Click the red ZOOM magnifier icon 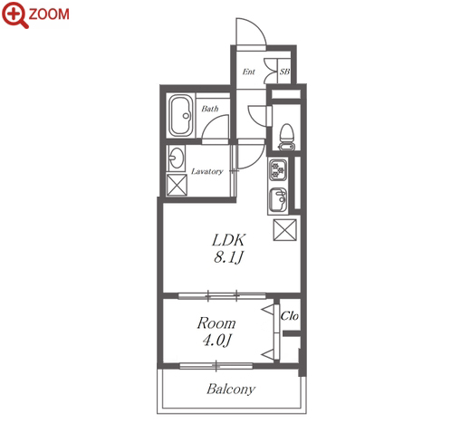click(x=14, y=14)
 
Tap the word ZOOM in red click(x=49, y=14)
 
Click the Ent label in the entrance click(x=249, y=72)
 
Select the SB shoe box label click(x=284, y=72)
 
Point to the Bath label click(x=210, y=109)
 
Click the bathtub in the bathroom click(x=181, y=116)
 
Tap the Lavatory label click(x=207, y=171)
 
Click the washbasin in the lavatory click(x=177, y=158)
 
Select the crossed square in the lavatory click(x=177, y=185)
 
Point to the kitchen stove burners click(x=278, y=169)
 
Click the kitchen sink click(x=278, y=199)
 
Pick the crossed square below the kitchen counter click(x=284, y=230)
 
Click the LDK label click(x=229, y=240)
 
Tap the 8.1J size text click(x=228, y=258)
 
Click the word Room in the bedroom click(x=216, y=323)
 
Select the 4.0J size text click(x=216, y=341)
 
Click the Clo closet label click(x=289, y=316)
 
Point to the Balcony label click(x=231, y=389)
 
